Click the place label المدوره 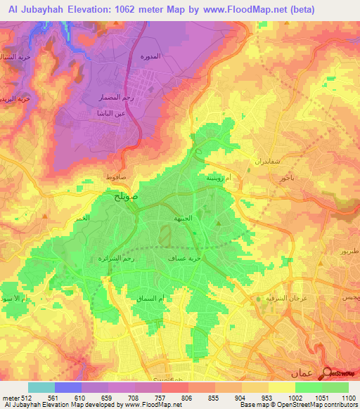(x=170, y=56)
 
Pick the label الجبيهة (x=184, y=219)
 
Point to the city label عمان (x=302, y=372)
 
